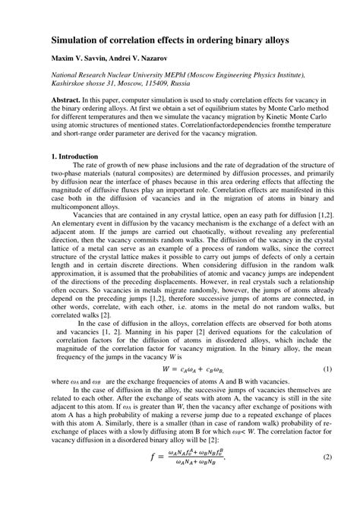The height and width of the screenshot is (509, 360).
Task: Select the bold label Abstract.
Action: pyautogui.click(x=65, y=100)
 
